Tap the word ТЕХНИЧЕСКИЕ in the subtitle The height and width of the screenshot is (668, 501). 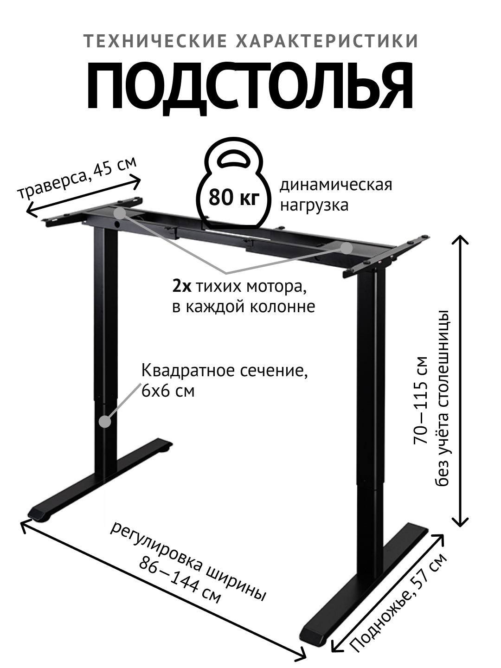tap(155, 41)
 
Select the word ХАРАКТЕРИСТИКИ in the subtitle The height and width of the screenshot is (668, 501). tap(327, 41)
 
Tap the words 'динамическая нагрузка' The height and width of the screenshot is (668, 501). tap(335, 194)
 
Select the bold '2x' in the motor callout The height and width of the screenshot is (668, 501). tap(181, 287)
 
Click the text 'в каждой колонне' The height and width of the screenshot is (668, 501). tap(244, 307)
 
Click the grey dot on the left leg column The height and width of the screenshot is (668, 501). tap(106, 422)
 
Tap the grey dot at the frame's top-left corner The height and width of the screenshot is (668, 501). tap(120, 213)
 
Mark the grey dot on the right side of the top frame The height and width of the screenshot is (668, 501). tap(347, 248)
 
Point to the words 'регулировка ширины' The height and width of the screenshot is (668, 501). tap(188, 562)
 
